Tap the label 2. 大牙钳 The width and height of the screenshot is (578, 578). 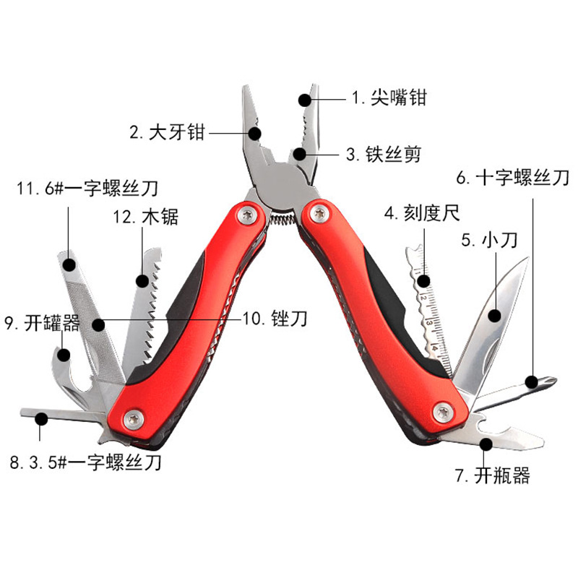167,132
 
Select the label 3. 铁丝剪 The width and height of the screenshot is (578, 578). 383,154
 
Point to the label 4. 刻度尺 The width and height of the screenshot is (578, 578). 421,213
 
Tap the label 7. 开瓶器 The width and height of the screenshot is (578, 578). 492,475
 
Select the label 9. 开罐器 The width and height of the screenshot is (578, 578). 42,323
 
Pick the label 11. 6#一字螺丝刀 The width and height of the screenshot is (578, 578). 87,189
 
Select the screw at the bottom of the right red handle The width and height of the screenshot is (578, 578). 444,412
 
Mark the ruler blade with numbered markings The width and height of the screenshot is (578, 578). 431,303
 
